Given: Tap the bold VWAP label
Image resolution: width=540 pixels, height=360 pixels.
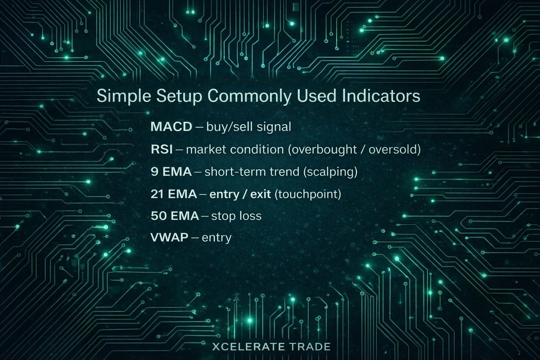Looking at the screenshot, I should [x=169, y=238].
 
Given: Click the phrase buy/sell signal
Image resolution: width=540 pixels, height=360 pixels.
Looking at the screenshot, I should [x=248, y=127].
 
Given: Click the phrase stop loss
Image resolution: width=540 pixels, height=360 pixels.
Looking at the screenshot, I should [x=238, y=216].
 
